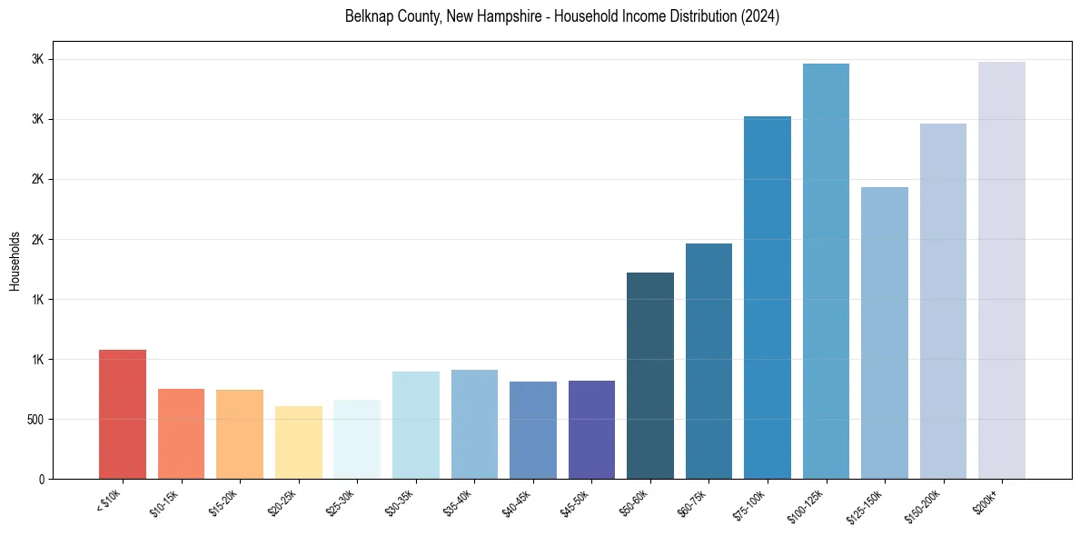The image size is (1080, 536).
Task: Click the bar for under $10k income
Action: (x=122, y=414)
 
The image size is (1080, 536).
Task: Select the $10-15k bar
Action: (x=181, y=434)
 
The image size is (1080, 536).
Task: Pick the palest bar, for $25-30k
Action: (x=357, y=440)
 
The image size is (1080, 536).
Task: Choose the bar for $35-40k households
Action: (x=474, y=424)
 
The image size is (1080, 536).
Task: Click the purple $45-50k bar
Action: (x=591, y=430)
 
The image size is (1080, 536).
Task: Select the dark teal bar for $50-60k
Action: (x=650, y=376)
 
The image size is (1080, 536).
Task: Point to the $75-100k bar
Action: (x=768, y=298)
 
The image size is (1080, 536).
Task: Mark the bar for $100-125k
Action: (x=826, y=272)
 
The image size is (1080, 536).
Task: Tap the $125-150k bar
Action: (x=885, y=333)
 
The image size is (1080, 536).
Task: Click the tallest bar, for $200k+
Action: (x=1002, y=271)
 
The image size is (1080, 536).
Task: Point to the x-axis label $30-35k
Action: (x=400, y=502)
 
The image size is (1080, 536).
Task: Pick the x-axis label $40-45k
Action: (x=517, y=502)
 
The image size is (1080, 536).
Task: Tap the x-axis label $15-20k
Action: (x=223, y=502)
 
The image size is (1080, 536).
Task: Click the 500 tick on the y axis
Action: (x=35, y=420)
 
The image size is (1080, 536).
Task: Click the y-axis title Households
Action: (x=15, y=261)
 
